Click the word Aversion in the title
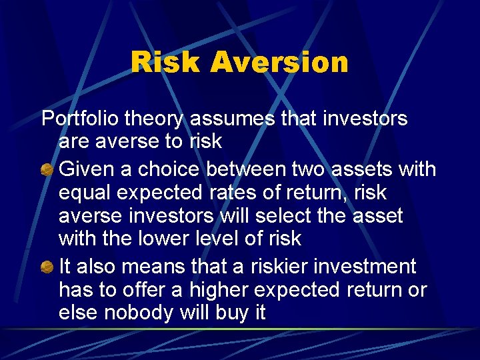click(x=279, y=62)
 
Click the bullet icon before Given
click(x=47, y=169)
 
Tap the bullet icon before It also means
click(x=47, y=267)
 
